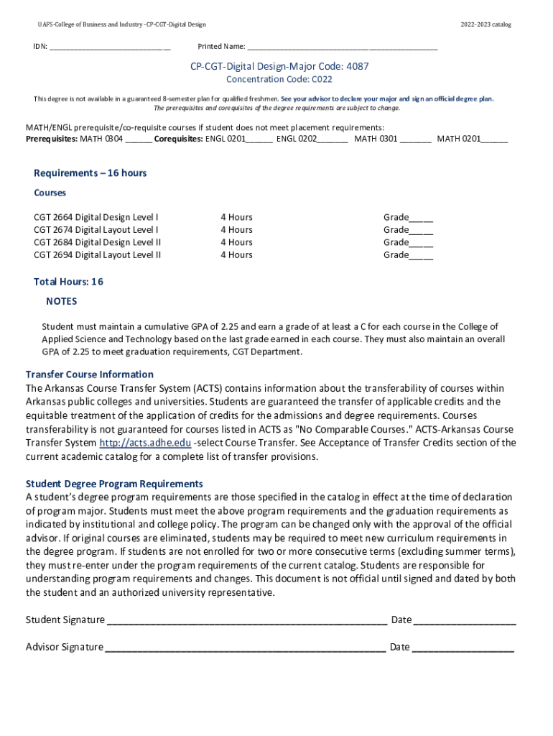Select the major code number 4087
[x=357, y=66]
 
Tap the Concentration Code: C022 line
[x=279, y=79]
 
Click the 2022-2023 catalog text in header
[x=485, y=24]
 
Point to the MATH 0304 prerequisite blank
[x=139, y=139]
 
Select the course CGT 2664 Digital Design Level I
[x=96, y=217]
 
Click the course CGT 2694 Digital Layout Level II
[x=98, y=255]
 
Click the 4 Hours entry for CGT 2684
[x=236, y=242]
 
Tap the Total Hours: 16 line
[x=68, y=282]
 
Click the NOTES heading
[x=61, y=301]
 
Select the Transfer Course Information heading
[x=90, y=374]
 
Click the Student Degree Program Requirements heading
[x=114, y=484]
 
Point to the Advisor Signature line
[x=245, y=648]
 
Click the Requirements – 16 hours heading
[x=90, y=173]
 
